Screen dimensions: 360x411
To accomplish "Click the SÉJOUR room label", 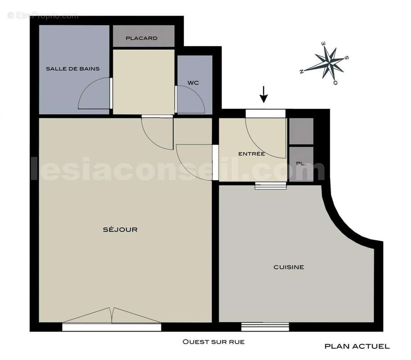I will coord(120,229).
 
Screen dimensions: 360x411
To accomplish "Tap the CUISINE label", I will coord(289,267).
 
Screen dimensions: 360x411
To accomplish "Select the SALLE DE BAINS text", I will coord(72,68).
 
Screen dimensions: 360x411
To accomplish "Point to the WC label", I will coord(193,83).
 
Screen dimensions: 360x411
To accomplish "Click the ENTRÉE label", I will coord(251,154).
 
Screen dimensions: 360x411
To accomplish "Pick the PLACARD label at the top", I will coord(142,38).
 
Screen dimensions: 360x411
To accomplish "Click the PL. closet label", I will coord(301,164).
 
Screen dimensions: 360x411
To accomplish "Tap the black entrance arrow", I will coord(264,95).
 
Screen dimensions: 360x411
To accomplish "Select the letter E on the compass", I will coord(323,44).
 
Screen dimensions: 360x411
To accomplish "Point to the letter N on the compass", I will coord(302,71).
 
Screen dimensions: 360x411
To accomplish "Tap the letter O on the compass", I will coord(335,83).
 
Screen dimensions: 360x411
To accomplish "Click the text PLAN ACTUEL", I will coord(357,346).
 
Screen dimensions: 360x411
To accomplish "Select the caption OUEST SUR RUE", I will coord(213,342).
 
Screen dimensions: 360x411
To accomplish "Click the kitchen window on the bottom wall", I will coord(265,327).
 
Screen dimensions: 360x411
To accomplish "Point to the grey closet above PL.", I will coord(301,131).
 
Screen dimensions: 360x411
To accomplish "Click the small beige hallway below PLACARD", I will coord(143,81).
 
